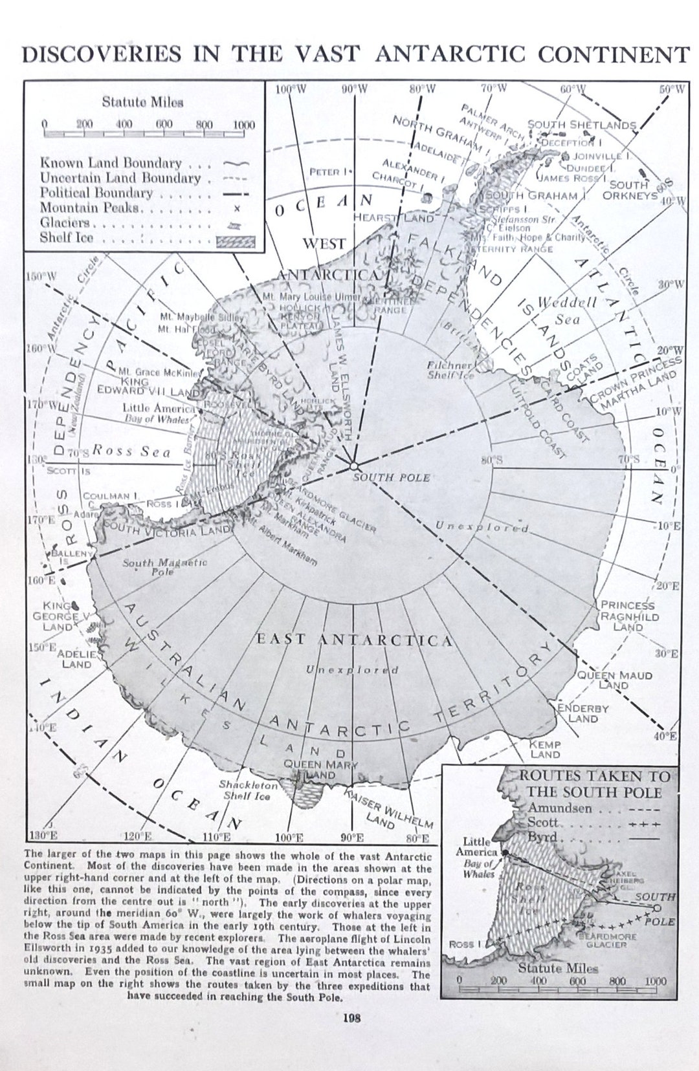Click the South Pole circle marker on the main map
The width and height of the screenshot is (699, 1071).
[x=353, y=466]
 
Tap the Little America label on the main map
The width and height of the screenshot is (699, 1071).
[x=159, y=408]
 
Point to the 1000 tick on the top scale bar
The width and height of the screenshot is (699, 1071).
[x=243, y=125]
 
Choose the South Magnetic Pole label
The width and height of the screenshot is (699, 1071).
[x=164, y=567]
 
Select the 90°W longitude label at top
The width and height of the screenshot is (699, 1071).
[x=354, y=89]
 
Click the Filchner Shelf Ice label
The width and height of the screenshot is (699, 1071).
[x=452, y=370]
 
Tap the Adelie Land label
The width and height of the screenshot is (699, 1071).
[x=76, y=658]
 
